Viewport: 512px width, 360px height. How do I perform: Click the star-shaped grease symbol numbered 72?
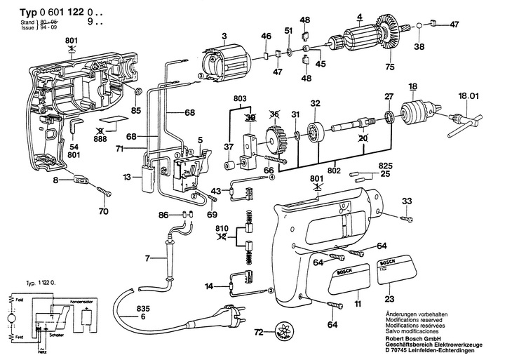point(283,331)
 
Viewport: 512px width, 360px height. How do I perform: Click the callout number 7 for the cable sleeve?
point(147,259)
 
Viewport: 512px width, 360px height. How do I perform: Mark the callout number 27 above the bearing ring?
point(388,96)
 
